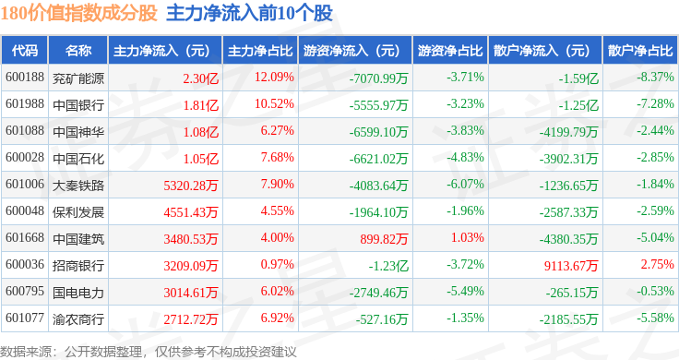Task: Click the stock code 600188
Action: pos(25,78)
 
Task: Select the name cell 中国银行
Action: pos(78,105)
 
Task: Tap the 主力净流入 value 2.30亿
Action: pos(200,78)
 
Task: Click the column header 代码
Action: pos(25,51)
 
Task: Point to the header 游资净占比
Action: pos(450,51)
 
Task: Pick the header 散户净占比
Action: pos(640,51)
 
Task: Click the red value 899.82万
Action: pos(384,239)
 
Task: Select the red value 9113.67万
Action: pos(571,266)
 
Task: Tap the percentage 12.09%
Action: pos(274,78)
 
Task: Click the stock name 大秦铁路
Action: pos(78,186)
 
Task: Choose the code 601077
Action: pos(25,318)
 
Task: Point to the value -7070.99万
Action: pos(378,78)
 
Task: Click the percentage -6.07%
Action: pos(465,184)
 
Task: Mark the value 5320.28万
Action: pos(191,186)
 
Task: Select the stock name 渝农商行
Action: pos(78,319)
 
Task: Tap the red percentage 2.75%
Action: pos(658,264)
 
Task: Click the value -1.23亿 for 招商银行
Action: pos(388,266)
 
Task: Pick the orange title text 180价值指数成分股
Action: pos(78,13)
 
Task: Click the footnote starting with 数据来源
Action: pos(149,352)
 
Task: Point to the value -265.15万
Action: pos(572,293)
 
